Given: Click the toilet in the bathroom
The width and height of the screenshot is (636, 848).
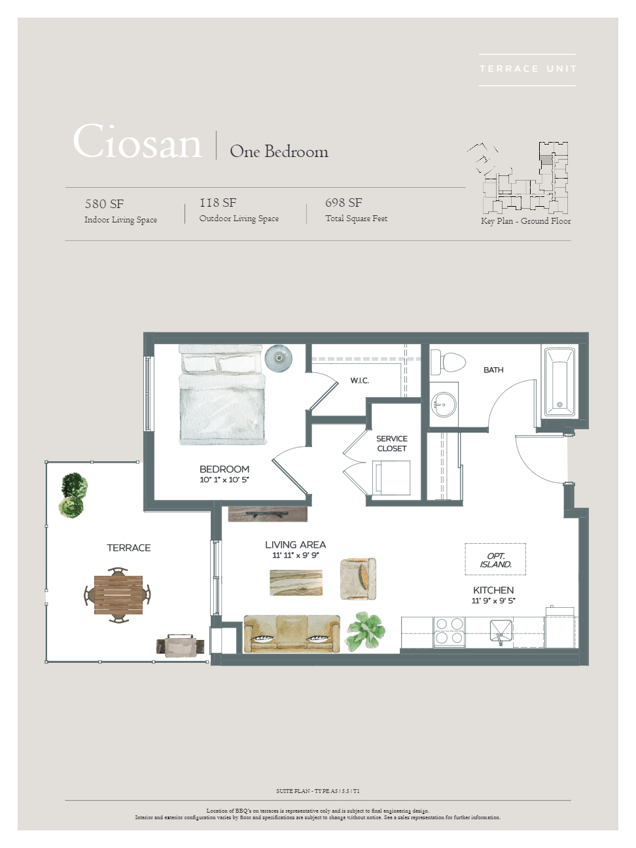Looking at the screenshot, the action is point(448,362).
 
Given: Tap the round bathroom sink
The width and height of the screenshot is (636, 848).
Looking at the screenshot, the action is point(444,404).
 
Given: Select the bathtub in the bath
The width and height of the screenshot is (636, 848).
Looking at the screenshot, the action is point(559,382).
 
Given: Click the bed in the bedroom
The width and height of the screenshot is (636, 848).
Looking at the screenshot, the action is point(222,395).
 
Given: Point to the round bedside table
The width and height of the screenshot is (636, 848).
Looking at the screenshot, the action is point(279,358).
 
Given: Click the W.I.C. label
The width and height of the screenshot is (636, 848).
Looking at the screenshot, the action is point(359,381).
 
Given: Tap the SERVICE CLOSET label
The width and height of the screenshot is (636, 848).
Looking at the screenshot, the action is point(391,444).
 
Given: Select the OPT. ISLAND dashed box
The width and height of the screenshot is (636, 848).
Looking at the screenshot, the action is point(495,559).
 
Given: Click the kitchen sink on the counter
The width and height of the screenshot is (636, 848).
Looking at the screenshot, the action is point(501,632).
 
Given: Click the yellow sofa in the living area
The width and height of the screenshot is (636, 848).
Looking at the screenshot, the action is point(292,633).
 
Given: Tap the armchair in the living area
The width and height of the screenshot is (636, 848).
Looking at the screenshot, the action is point(358,578).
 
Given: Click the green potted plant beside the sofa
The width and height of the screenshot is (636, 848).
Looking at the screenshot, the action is point(365,631).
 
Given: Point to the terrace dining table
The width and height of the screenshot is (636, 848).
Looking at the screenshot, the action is point(118,595).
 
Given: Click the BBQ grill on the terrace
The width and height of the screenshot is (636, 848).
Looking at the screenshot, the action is point(181,645).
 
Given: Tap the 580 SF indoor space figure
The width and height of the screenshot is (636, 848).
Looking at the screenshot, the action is point(104,203).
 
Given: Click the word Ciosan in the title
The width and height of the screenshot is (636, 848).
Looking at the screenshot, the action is point(137,141).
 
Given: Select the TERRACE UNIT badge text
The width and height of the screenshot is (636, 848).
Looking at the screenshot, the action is point(528,69).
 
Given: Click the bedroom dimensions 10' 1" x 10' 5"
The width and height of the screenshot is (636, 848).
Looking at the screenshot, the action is point(224,480).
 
